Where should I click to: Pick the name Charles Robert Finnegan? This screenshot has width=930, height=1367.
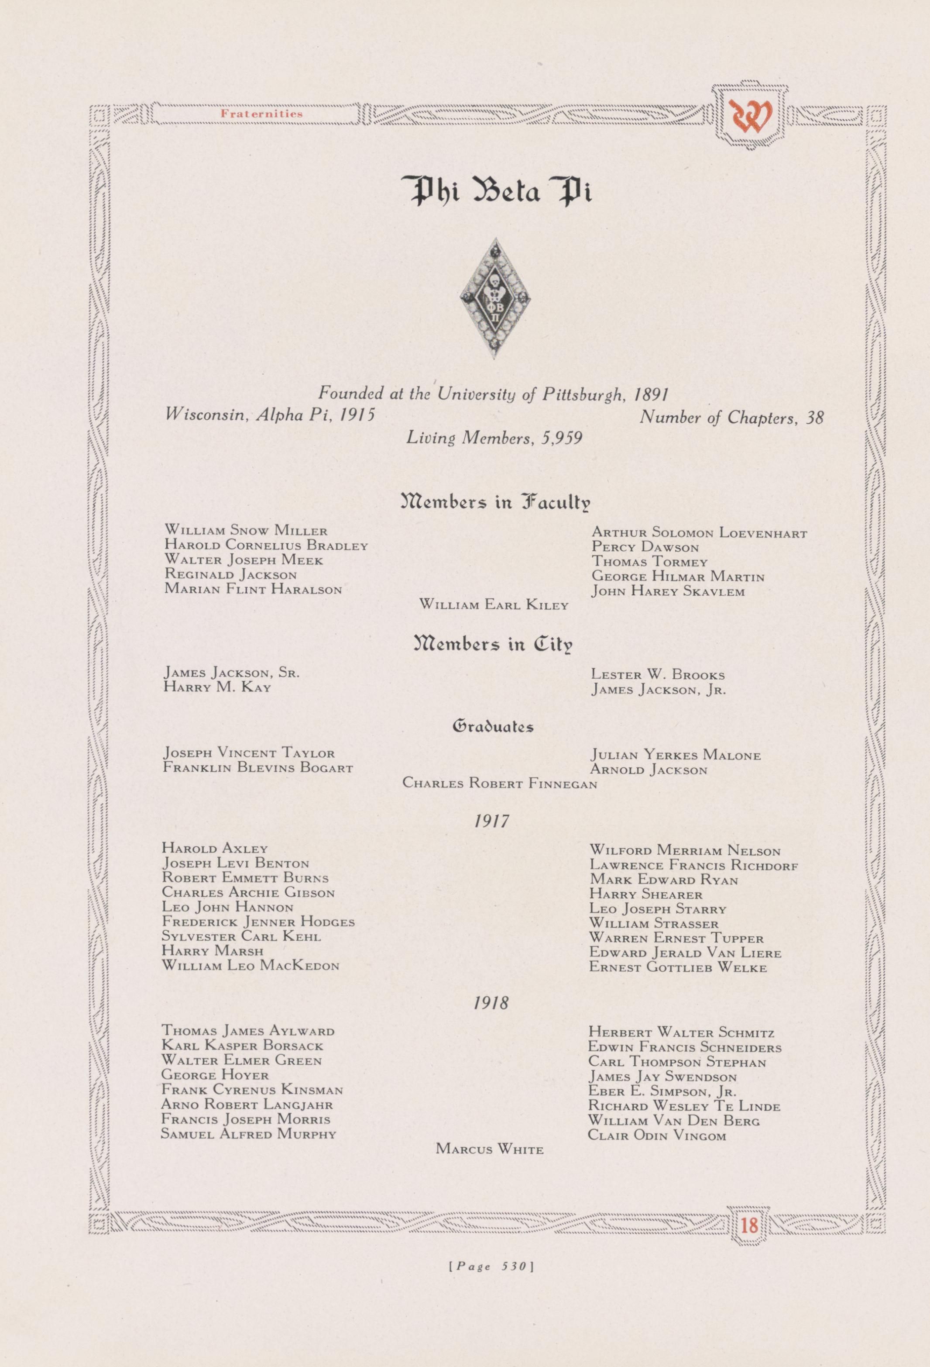[500, 784]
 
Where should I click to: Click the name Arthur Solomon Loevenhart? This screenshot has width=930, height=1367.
[699, 534]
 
